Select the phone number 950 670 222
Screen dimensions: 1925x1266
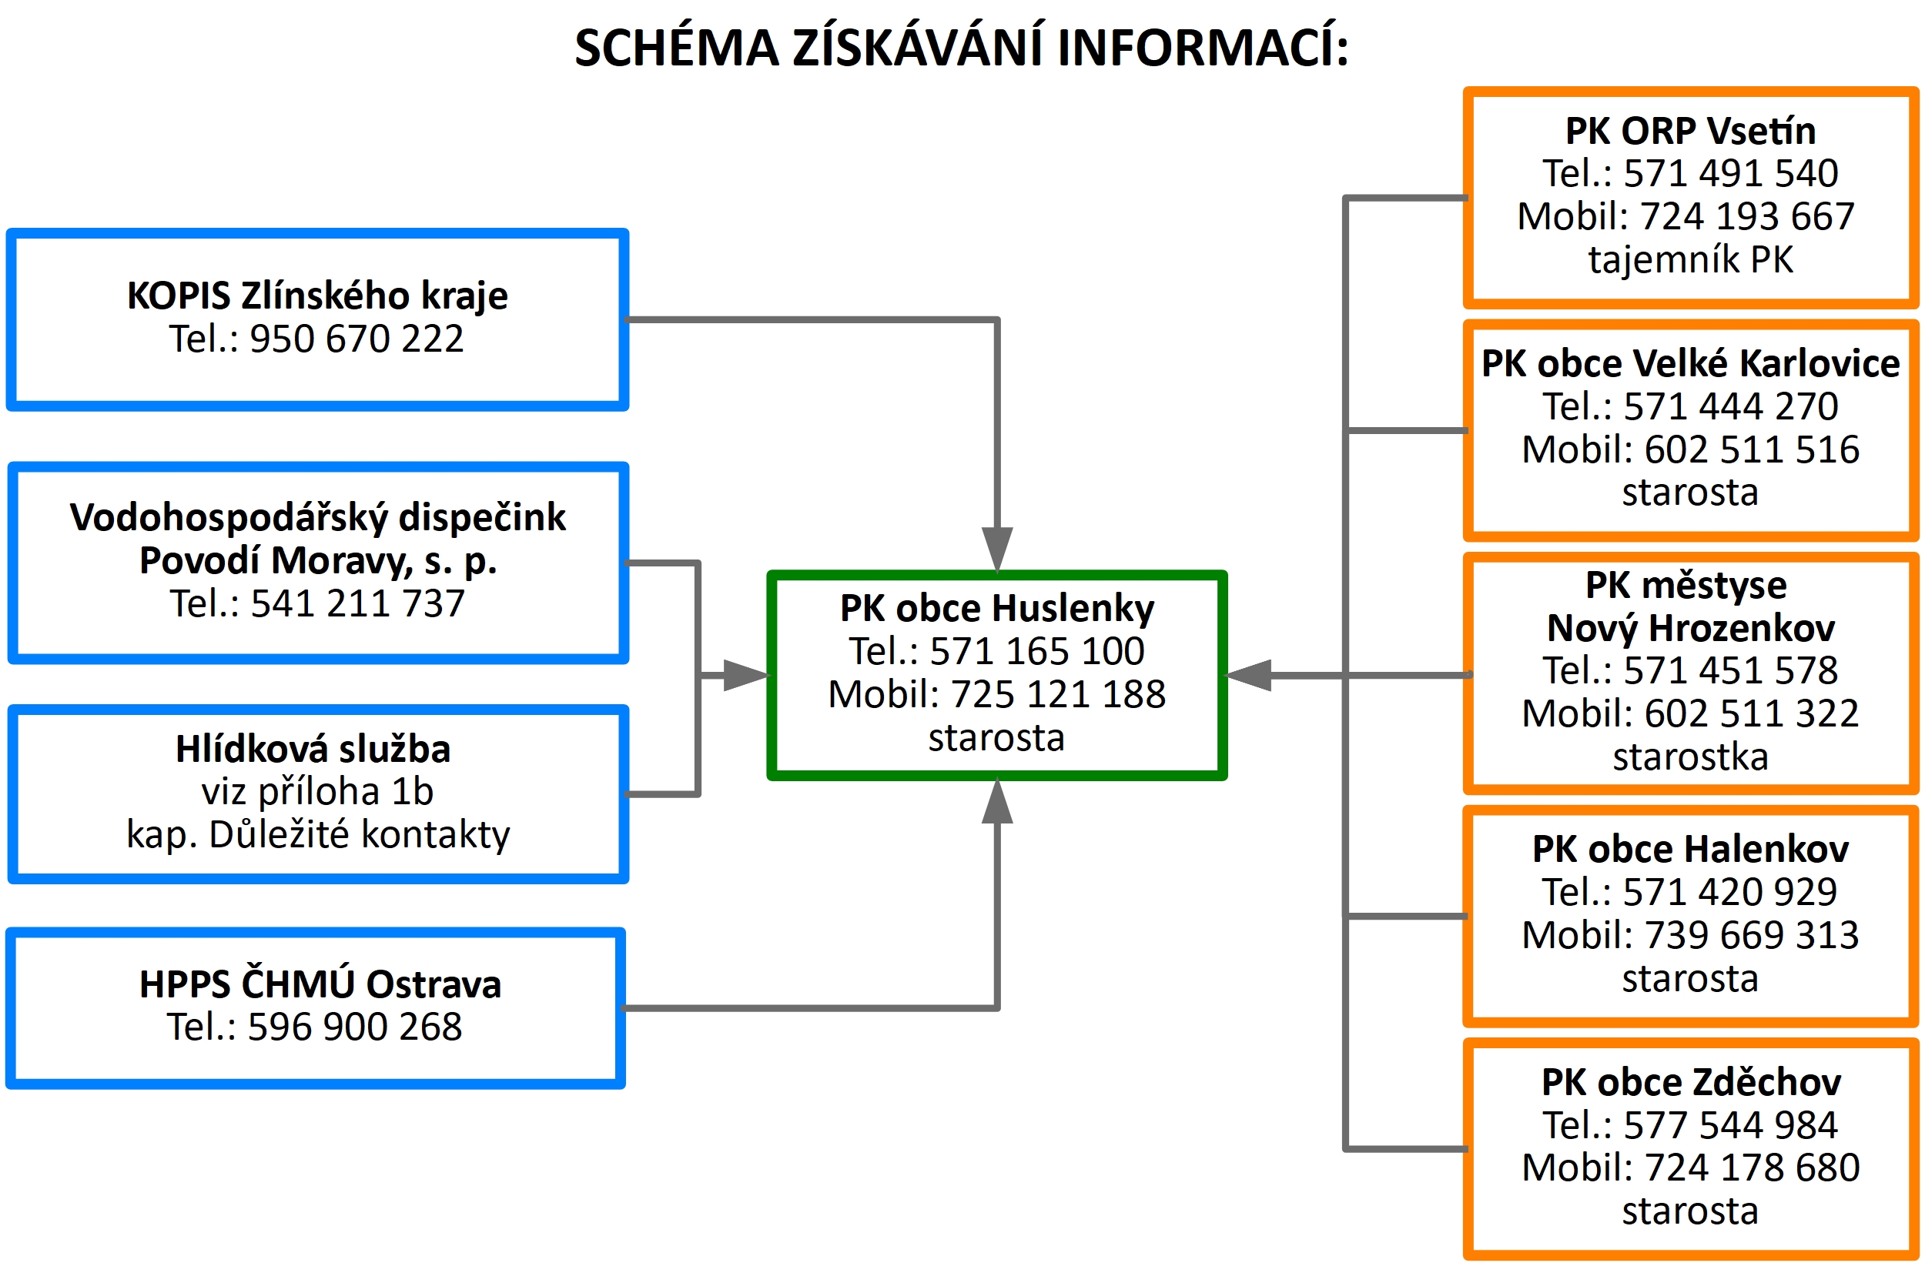click(x=357, y=339)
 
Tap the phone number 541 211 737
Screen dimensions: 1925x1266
click(x=357, y=604)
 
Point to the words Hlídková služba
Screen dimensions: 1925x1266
click(x=313, y=750)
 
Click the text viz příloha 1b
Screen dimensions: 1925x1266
click(x=317, y=792)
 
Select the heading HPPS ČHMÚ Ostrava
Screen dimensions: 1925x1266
click(x=320, y=984)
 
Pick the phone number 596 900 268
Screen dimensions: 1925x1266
click(x=354, y=1027)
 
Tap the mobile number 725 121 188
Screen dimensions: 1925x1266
click(x=1058, y=694)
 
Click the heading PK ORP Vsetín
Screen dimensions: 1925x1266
click(x=1690, y=131)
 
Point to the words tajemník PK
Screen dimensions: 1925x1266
click(x=1690, y=260)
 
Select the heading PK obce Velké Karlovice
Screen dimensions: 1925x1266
click(x=1690, y=365)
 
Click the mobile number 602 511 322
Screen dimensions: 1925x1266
click(x=1752, y=714)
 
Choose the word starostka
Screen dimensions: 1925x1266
click(x=1690, y=757)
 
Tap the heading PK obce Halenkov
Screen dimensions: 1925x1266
click(x=1690, y=850)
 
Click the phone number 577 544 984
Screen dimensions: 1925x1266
click(x=1731, y=1125)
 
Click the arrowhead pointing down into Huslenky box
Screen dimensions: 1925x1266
click(x=997, y=549)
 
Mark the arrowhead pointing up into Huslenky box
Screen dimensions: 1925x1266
click(x=997, y=801)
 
